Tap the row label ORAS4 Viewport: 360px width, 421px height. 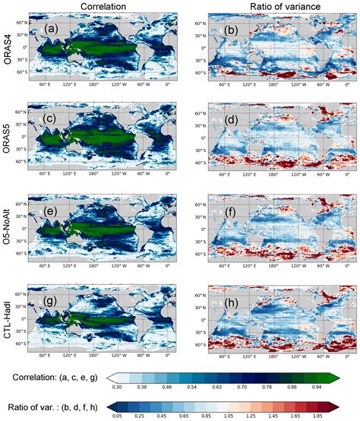[x=10, y=46]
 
